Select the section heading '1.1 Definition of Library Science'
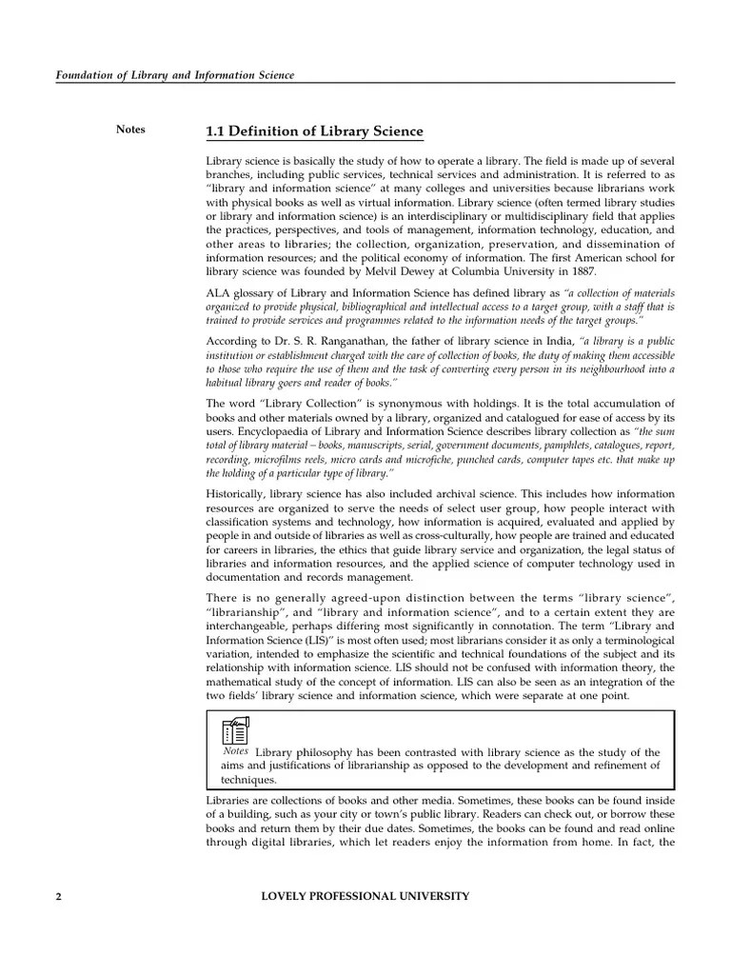315,131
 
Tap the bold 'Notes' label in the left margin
130,129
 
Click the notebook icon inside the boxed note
235,731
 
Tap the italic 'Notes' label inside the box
236,750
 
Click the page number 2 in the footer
59,896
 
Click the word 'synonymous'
361,404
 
